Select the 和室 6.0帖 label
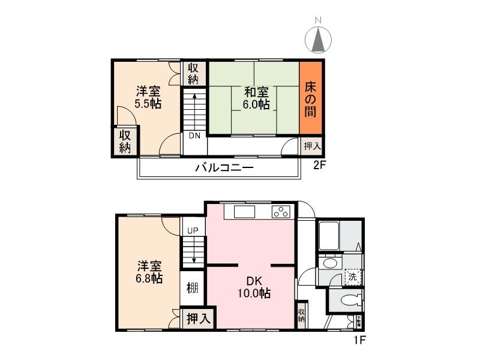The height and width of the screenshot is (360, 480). click(x=256, y=98)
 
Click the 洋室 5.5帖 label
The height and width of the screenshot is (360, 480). click(x=148, y=98)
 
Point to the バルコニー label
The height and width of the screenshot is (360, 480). click(x=224, y=168)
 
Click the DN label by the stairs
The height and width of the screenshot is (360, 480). click(x=194, y=136)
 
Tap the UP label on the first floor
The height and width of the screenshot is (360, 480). click(x=193, y=230)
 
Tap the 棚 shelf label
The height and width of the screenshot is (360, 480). click(x=192, y=288)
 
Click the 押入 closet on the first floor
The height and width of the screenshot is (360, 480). click(x=199, y=319)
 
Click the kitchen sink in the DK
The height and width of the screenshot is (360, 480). click(x=245, y=212)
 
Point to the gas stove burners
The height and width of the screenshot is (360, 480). click(x=281, y=211)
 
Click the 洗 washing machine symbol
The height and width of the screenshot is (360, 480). click(x=353, y=278)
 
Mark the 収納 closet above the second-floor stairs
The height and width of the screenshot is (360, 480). click(x=193, y=73)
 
